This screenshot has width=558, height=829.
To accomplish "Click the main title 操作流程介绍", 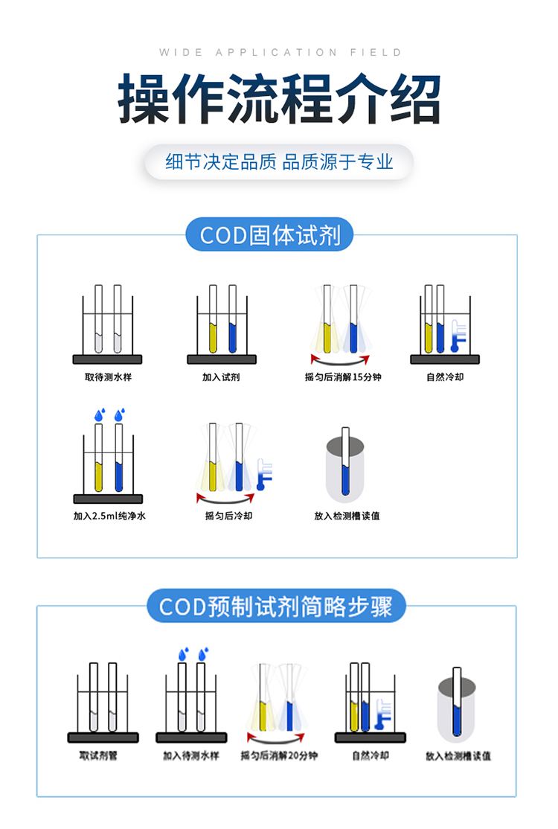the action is coord(279,99).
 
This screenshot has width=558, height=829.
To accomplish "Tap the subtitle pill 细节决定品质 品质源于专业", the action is coord(279,161).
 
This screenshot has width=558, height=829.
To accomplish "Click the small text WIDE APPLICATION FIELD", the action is coord(280,52).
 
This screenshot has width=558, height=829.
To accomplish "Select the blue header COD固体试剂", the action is coord(269,234).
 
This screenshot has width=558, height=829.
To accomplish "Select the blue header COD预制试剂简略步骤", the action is coord(276,606).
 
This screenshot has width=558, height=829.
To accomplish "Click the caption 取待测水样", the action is coord(108,377).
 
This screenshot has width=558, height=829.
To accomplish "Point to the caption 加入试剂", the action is coord(221,377).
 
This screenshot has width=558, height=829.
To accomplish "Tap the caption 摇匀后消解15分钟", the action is coord(342,377).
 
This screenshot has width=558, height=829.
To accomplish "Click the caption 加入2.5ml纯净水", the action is coord(109,516).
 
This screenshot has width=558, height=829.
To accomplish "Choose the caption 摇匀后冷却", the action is coord(228,516).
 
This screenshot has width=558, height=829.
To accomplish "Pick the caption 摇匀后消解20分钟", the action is coord(279,755).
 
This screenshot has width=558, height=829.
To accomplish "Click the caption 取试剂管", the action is coord(98,755).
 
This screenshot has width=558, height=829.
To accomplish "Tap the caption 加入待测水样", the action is coord(190,755).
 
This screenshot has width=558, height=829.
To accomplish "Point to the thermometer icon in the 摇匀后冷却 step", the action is coord(263,474).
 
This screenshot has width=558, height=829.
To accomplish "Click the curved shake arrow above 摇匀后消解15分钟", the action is coord(340,362).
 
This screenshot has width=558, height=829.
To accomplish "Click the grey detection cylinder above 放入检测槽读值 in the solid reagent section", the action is coord(345,469).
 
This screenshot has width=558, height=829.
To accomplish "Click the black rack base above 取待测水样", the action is coord(107,359).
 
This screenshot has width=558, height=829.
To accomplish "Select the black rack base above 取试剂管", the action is coord(103,737).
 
